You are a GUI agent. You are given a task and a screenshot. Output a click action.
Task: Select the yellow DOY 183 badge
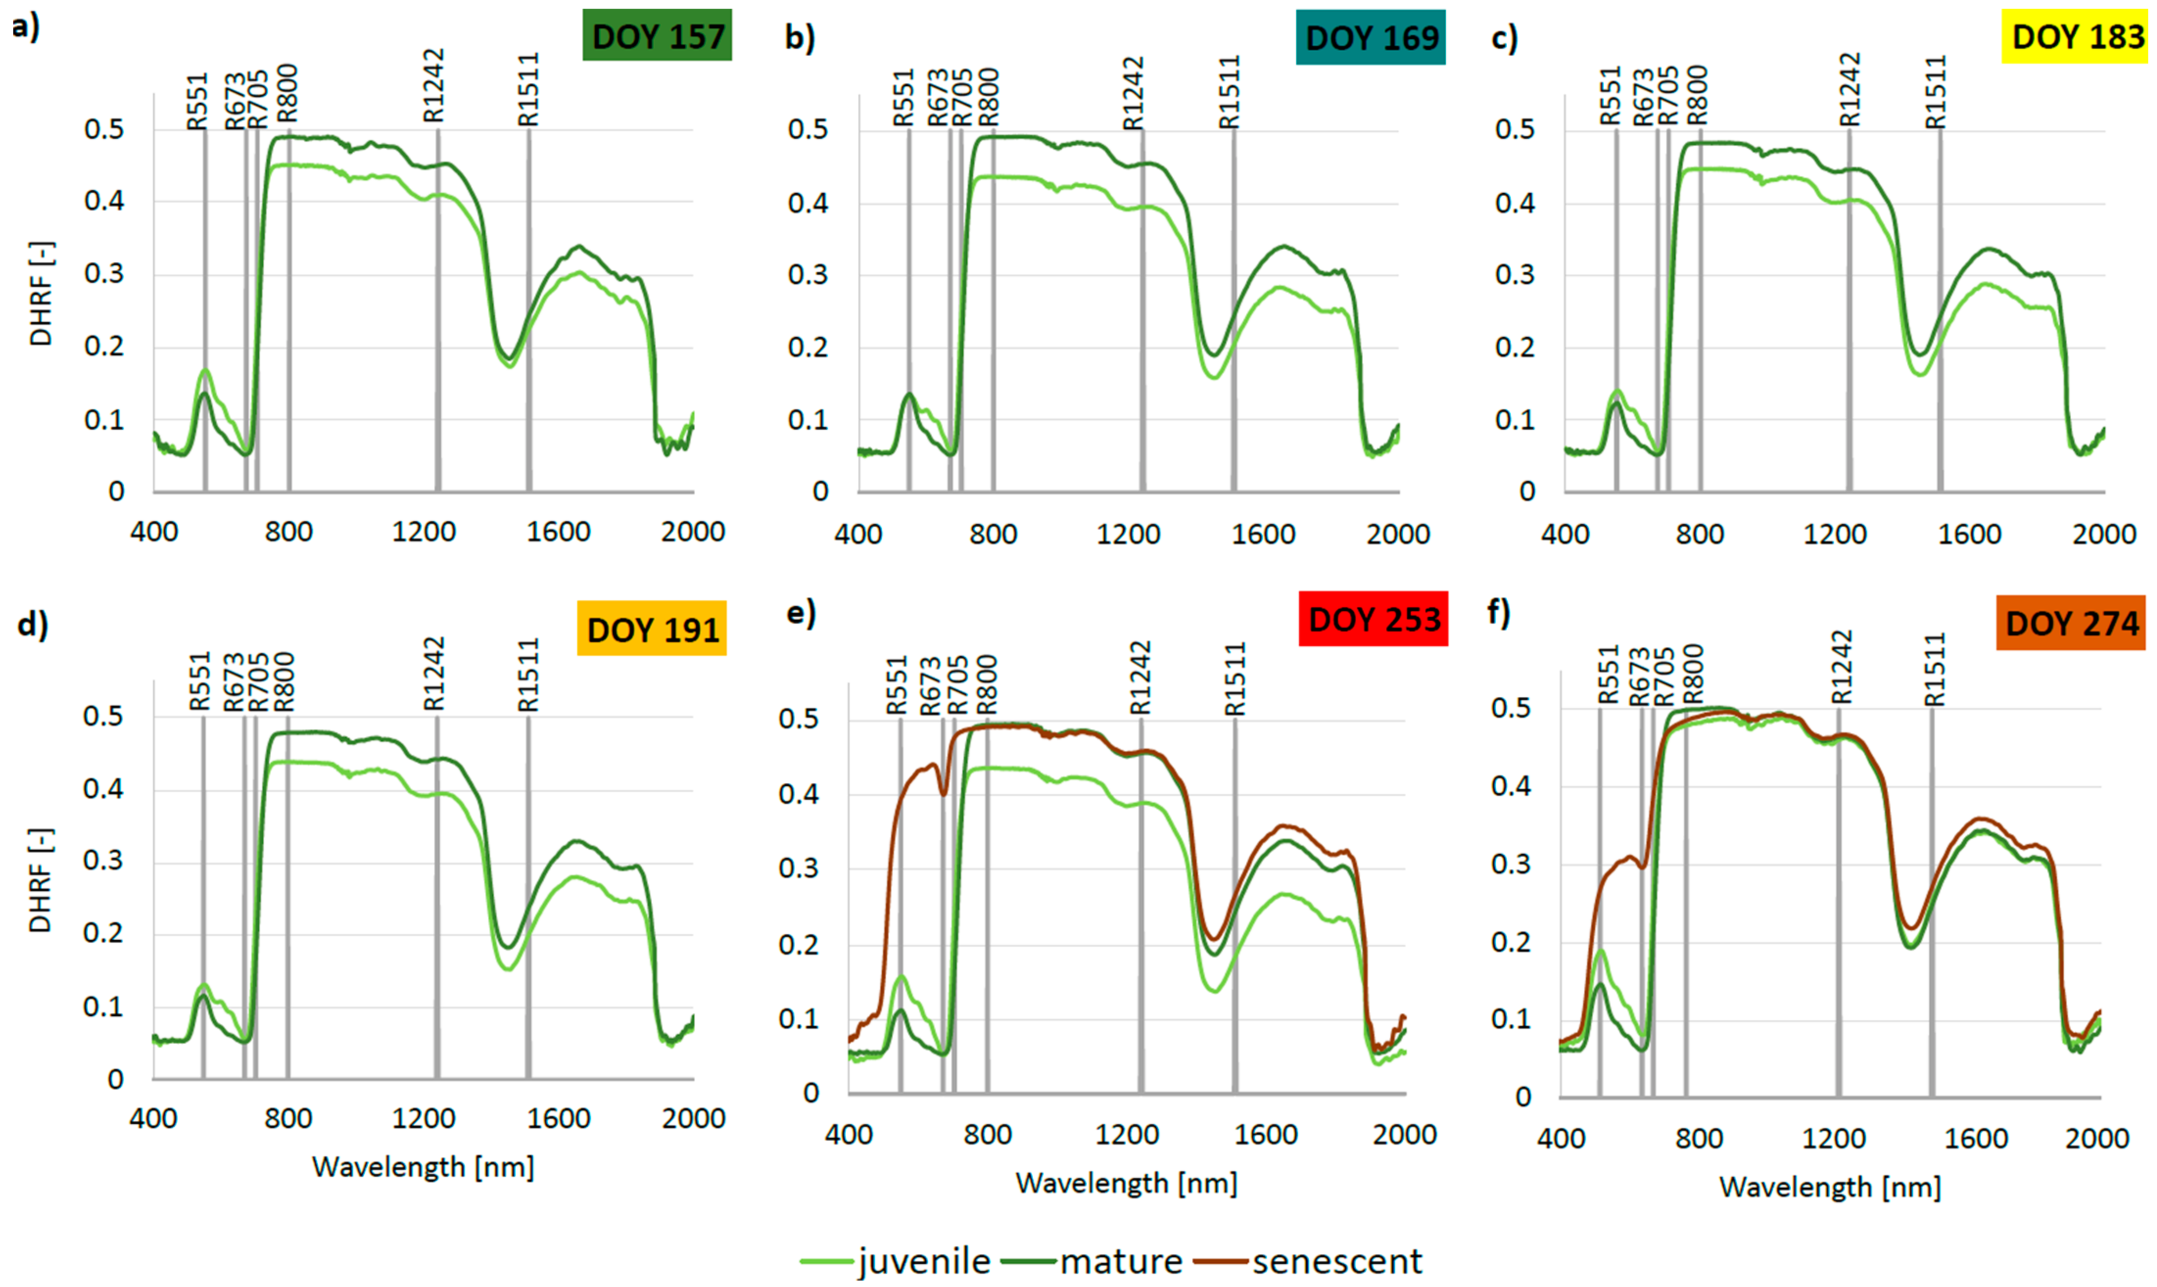2077,37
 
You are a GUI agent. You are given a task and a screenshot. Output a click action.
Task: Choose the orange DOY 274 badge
2072,623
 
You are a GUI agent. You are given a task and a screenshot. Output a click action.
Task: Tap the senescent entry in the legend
1336,1260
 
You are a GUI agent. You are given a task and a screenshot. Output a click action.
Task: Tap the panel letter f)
1498,612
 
